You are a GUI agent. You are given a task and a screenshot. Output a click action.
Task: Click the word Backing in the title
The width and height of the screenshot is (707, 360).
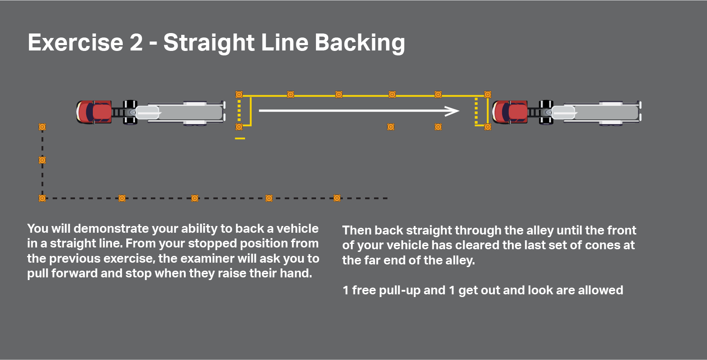(x=360, y=43)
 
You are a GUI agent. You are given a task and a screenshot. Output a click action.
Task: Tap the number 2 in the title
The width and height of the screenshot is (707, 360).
(x=136, y=43)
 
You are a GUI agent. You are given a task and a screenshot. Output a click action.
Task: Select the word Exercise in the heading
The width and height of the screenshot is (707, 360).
(x=75, y=43)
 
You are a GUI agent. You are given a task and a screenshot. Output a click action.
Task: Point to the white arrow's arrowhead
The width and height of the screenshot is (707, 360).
(x=453, y=111)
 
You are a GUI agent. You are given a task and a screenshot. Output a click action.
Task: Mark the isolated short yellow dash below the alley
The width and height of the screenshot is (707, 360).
(x=240, y=138)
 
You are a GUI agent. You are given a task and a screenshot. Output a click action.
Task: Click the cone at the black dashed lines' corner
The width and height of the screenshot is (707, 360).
(x=42, y=198)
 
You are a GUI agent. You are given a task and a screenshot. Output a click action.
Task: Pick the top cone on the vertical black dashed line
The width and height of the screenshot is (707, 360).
(x=42, y=127)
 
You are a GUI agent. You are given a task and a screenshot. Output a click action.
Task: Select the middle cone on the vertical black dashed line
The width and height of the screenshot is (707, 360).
(x=42, y=160)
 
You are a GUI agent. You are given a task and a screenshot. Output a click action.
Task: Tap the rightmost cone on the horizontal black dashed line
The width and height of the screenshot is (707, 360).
(x=337, y=198)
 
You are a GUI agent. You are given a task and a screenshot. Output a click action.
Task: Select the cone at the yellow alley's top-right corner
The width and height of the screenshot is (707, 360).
(x=487, y=95)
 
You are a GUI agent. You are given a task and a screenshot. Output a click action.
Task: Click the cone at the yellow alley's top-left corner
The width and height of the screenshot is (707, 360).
(x=239, y=95)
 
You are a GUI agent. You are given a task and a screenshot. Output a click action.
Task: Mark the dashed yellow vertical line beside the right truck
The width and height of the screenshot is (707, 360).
(x=476, y=110)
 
